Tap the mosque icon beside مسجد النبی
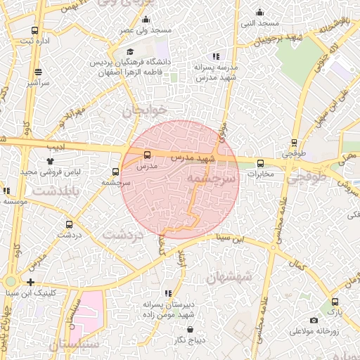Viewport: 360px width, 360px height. (259, 11)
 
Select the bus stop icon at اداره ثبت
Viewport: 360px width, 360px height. (35, 31)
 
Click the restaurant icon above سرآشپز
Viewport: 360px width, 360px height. (38, 72)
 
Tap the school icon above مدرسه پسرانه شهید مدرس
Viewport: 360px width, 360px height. (216, 56)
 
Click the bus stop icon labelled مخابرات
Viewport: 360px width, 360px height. (259, 164)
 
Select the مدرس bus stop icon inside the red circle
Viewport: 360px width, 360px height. (147, 155)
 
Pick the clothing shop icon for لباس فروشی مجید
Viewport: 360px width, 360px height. (50, 161)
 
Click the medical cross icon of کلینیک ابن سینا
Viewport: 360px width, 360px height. (30, 282)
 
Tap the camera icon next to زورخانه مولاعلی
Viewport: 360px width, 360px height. (314, 321)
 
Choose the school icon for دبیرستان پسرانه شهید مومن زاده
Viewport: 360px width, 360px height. (167, 293)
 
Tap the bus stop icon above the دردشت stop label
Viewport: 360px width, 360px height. (68, 224)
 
